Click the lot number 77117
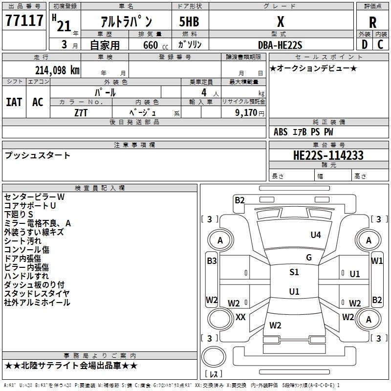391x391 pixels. point(24,21)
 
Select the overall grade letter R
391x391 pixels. point(372,22)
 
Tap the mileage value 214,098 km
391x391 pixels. point(57,70)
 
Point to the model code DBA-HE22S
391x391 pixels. point(280,45)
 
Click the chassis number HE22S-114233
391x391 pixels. point(328,155)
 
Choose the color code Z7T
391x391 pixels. point(81,113)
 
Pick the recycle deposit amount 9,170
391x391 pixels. point(246,112)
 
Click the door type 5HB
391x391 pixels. point(189,22)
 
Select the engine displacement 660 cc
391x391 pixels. point(155,45)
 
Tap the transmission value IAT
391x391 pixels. point(14,102)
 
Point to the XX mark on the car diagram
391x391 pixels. point(240,317)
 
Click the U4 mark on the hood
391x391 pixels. point(316,235)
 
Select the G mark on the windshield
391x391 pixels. point(309,257)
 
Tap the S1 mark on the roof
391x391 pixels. point(294,272)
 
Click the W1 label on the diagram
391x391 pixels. point(377,261)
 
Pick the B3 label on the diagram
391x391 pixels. point(212,261)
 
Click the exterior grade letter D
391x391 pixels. point(365,44)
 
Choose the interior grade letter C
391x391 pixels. point(380,44)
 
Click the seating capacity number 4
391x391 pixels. point(204,92)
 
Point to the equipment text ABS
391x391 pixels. point(281,132)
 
